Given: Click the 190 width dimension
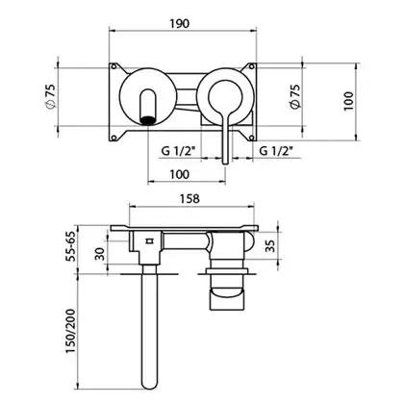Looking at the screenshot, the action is [180, 23].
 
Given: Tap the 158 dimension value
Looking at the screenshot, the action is [189, 198].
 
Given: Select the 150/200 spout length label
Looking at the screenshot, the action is [70, 331].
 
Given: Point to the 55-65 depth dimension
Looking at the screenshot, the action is [70, 246].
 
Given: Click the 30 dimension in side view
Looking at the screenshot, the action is [100, 254].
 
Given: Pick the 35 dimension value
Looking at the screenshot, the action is [271, 246].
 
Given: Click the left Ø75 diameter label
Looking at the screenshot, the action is [50, 96].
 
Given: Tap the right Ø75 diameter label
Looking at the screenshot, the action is [295, 96].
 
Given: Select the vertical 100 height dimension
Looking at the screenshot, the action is [348, 101].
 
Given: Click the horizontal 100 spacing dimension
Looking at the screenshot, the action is [180, 174].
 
